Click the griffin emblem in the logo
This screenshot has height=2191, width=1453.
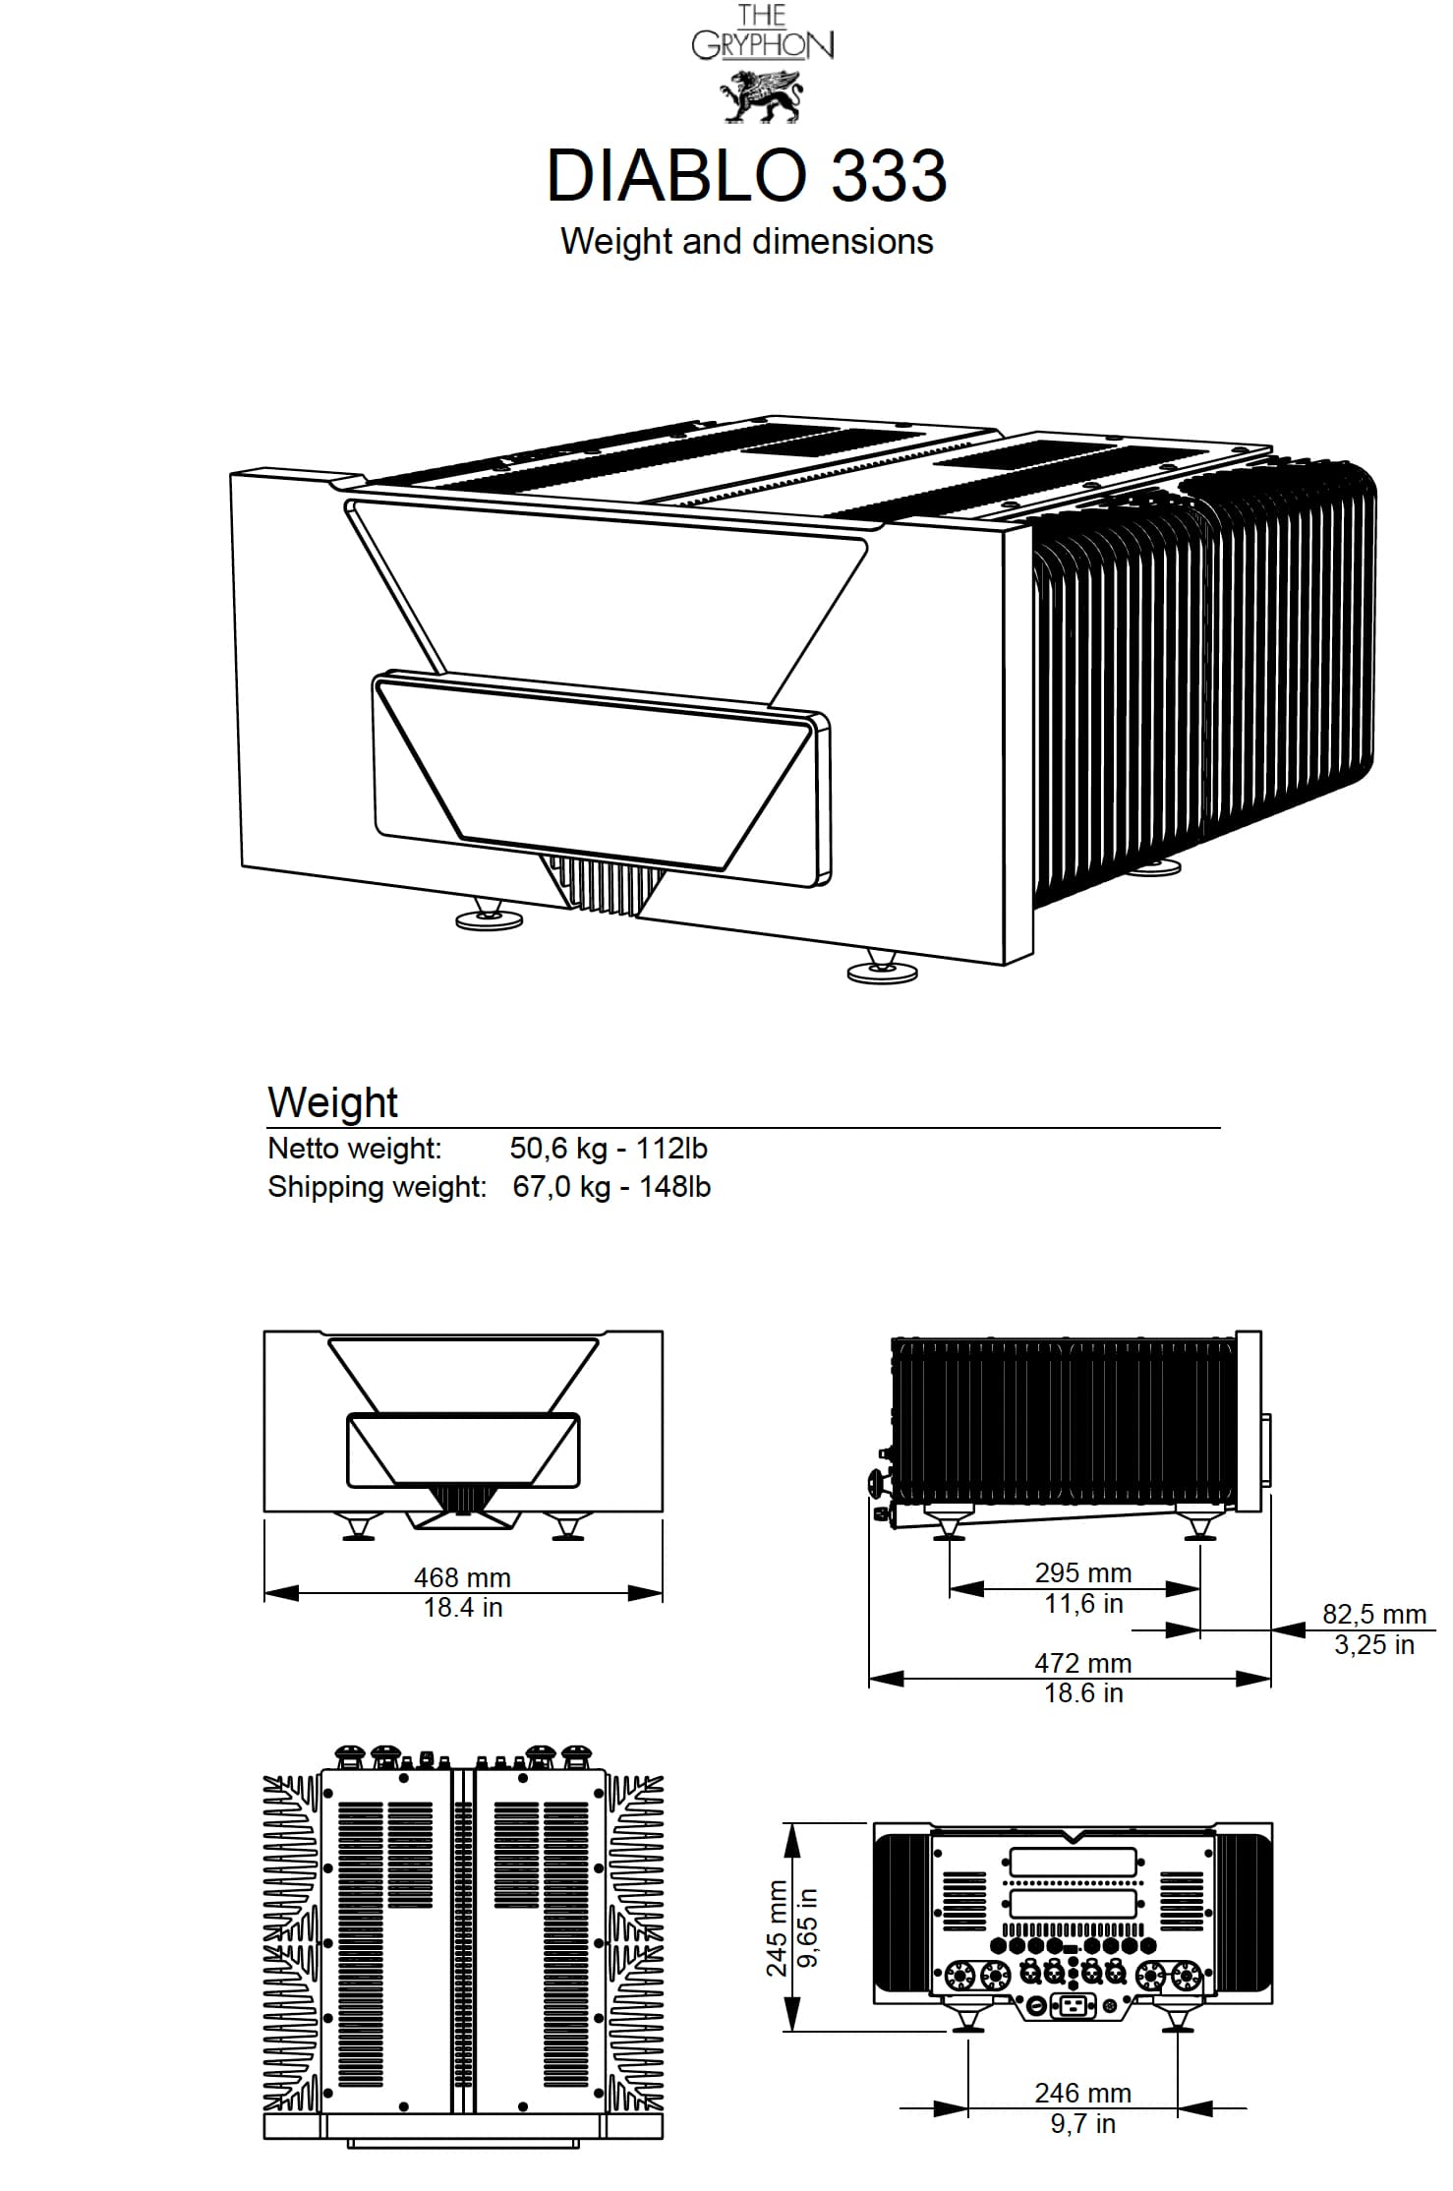pyautogui.click(x=762, y=95)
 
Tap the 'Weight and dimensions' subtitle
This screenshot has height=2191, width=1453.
pyautogui.click(x=746, y=241)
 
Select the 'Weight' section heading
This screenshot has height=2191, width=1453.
pyautogui.click(x=332, y=1102)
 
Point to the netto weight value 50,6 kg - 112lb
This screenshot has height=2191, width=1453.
pyautogui.click(x=609, y=1148)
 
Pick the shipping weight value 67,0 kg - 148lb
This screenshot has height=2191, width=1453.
pyautogui.click(x=611, y=1186)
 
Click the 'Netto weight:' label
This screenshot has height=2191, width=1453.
pyautogui.click(x=355, y=1148)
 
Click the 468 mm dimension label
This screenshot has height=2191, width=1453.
pyautogui.click(x=462, y=1576)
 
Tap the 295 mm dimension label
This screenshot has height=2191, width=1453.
pyautogui.click(x=1083, y=1572)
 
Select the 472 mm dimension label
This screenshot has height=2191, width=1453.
pyautogui.click(x=1083, y=1662)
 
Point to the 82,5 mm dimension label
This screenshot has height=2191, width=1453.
pyautogui.click(x=1373, y=1614)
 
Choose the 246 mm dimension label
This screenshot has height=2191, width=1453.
pyautogui.click(x=1082, y=2093)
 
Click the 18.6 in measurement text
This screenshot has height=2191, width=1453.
pyautogui.click(x=1083, y=1692)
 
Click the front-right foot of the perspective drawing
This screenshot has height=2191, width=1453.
pyautogui.click(x=882, y=968)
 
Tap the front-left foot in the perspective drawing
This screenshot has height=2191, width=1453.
pyautogui.click(x=490, y=915)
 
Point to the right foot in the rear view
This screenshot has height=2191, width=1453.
pyautogui.click(x=1178, y=2018)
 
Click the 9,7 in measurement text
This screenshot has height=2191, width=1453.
pyautogui.click(x=1082, y=2123)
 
